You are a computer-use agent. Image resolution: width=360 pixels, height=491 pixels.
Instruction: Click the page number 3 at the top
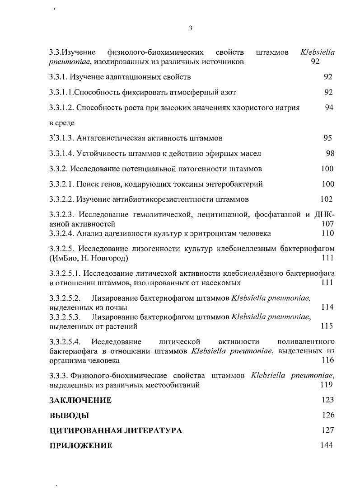click(191, 28)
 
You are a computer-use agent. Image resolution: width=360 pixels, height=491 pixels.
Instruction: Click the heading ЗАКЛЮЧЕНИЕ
click(80, 400)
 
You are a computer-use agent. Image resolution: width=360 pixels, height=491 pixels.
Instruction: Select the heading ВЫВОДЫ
click(69, 415)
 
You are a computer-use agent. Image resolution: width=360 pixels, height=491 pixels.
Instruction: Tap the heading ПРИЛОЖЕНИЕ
click(81, 446)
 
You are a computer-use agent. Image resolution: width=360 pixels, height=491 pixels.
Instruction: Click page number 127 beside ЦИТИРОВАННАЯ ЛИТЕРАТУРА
click(328, 430)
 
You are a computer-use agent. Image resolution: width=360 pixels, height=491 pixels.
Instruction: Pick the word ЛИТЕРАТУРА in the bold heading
click(154, 430)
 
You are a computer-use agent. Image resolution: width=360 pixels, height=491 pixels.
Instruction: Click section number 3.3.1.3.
click(62, 138)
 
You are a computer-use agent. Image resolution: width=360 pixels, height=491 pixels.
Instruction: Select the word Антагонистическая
click(107, 138)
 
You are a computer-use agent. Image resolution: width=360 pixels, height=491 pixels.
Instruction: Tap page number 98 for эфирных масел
click(330, 153)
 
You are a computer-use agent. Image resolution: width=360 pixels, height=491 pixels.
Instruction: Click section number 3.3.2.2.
click(62, 199)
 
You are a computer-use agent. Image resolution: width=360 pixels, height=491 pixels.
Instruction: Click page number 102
click(327, 199)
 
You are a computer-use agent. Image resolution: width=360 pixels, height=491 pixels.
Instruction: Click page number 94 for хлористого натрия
click(329, 108)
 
